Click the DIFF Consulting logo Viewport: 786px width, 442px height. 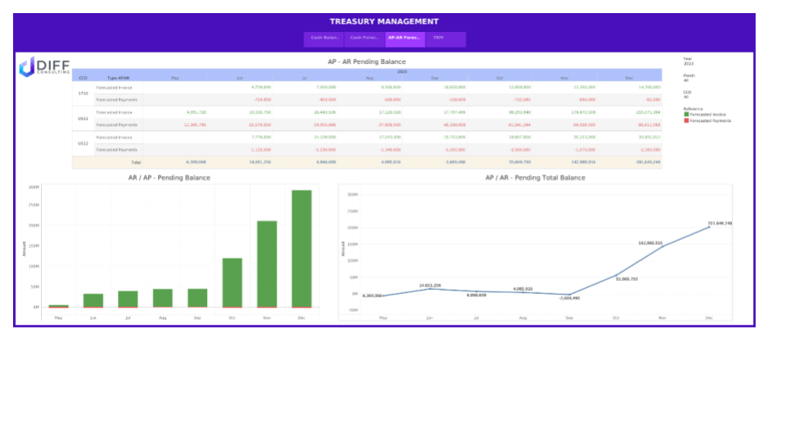[44, 66]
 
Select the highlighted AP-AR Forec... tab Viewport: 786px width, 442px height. [404, 38]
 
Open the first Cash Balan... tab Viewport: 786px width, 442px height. [325, 38]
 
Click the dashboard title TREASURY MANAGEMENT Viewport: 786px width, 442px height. [384, 21]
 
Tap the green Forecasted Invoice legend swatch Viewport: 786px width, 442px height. [686, 115]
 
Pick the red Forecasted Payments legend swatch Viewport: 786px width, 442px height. [686, 120]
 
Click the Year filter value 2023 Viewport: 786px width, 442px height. [689, 63]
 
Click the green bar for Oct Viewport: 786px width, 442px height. [233, 282]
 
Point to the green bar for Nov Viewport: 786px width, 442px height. [267, 264]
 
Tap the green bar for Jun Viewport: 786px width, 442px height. [93, 300]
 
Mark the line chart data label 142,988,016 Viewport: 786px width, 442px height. [650, 242]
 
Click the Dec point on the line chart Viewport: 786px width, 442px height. [709, 227]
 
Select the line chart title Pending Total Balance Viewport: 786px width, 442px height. [535, 178]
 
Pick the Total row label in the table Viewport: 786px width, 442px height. [124, 163]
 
